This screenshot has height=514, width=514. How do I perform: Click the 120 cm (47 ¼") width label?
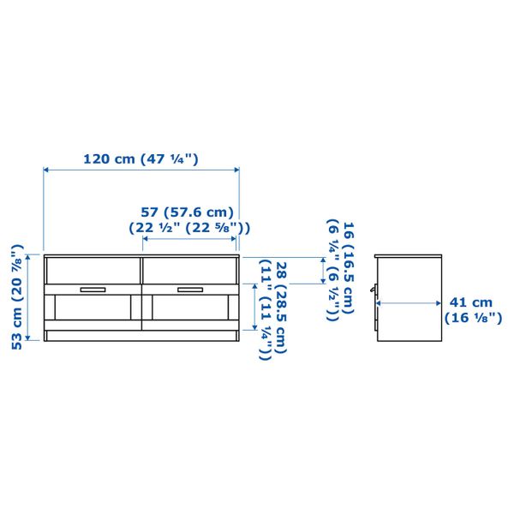pyautogui.click(x=140, y=158)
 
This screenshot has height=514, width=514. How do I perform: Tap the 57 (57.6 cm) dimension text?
pyautogui.click(x=187, y=212)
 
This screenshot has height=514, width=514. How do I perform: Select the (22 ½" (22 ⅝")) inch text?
pyautogui.click(x=189, y=228)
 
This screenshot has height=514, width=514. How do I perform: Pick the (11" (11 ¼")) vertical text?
pyautogui.click(x=266, y=309)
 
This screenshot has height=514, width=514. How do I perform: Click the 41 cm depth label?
pyautogui.click(x=471, y=302)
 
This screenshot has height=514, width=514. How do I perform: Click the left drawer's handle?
pyautogui.click(x=91, y=289)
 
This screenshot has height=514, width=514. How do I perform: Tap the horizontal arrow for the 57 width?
pyautogui.click(x=189, y=240)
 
